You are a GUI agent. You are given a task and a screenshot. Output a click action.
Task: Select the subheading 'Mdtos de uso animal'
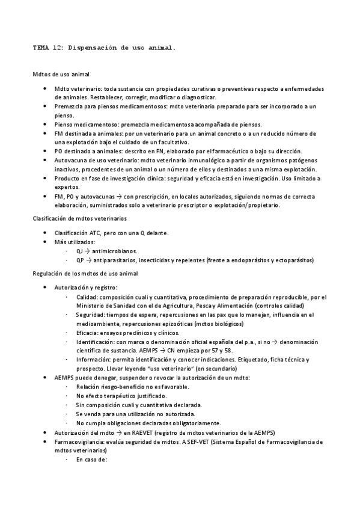(61, 75)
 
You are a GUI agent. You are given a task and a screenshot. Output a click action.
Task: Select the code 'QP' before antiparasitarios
(80, 260)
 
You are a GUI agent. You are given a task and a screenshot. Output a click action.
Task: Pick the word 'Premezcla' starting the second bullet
(69, 106)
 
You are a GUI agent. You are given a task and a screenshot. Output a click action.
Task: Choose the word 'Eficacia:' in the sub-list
(89, 333)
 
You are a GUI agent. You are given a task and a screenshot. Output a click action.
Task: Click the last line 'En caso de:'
(91, 459)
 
